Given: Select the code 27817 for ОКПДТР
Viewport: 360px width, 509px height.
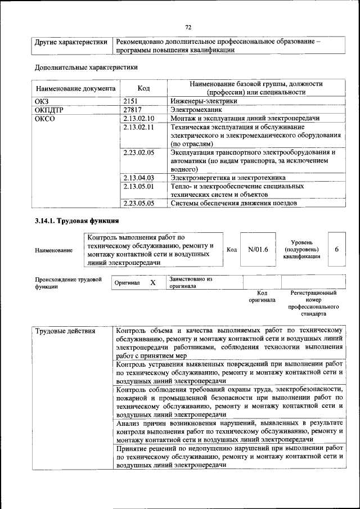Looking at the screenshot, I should tap(132, 110).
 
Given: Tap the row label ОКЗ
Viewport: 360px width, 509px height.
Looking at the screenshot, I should tap(42, 101).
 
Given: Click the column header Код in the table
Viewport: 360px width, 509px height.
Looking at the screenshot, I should tap(144, 88).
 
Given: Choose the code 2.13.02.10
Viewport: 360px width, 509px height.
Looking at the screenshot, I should tap(138, 119).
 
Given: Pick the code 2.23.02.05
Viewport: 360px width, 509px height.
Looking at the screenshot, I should tap(138, 152).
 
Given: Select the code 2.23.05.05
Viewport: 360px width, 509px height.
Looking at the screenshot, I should tap(138, 203).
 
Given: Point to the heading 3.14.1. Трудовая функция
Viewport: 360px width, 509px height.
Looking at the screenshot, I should tap(76, 220).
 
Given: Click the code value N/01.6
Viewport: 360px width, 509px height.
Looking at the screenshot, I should tap(258, 249).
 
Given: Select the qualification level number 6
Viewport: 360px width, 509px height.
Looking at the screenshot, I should tap(336, 249).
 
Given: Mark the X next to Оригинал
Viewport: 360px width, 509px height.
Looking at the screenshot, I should tap(152, 283).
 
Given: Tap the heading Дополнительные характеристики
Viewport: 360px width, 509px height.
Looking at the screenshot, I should tap(86, 68).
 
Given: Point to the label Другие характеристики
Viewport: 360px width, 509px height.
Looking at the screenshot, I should tap(71, 42).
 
